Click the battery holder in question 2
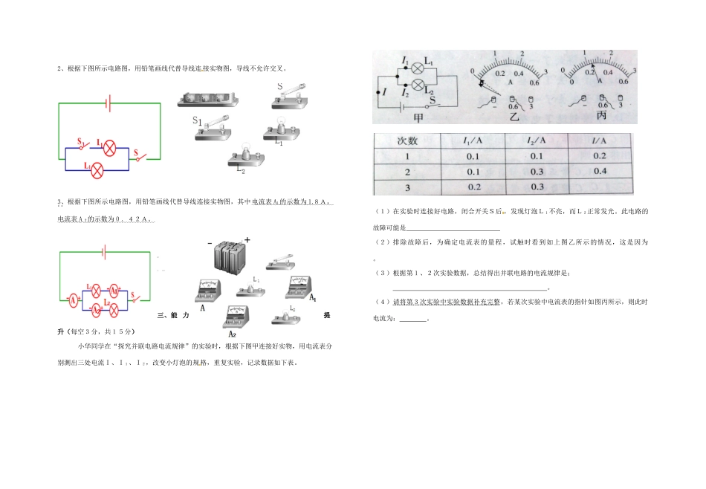(210, 99)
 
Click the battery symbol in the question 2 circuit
(109, 103)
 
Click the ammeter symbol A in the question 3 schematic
(72, 299)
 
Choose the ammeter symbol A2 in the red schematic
(97, 308)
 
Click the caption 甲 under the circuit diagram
(417, 117)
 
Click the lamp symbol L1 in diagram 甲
(418, 66)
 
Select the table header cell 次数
(407, 140)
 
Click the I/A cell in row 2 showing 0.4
(600, 171)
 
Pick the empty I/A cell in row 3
(600, 187)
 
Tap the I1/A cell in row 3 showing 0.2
(473, 187)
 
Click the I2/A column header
(536, 140)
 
